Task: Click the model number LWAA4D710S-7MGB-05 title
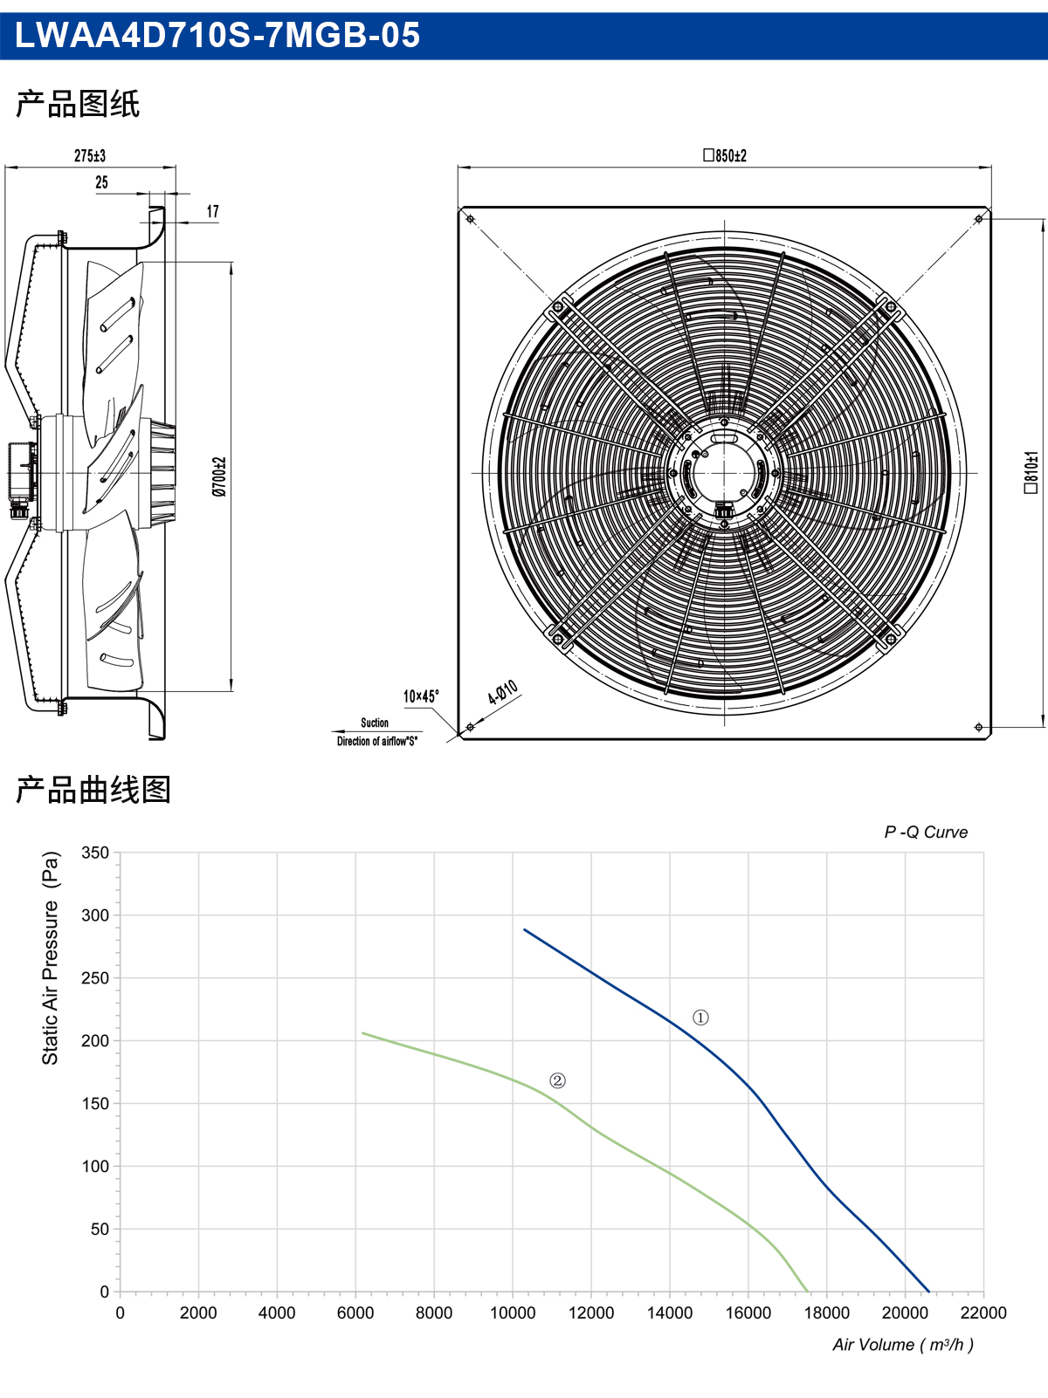(x=217, y=35)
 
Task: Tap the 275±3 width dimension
(x=90, y=155)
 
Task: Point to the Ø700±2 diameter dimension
(x=219, y=476)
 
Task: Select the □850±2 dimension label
(x=724, y=155)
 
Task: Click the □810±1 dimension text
(x=1031, y=473)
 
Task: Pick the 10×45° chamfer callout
(x=421, y=696)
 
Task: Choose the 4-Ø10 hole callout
(x=503, y=692)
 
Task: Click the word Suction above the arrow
(x=375, y=723)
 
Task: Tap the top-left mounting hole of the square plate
(x=470, y=219)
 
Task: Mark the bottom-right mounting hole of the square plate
(x=978, y=727)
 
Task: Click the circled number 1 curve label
(x=700, y=1018)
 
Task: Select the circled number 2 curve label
(x=557, y=1080)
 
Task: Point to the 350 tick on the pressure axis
(x=95, y=853)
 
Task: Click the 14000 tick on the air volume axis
(x=670, y=1312)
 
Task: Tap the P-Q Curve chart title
(x=926, y=832)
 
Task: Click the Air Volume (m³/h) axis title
(x=903, y=1345)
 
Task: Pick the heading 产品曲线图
(x=93, y=790)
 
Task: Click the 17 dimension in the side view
(x=213, y=211)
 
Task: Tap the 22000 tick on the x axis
(x=983, y=1312)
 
